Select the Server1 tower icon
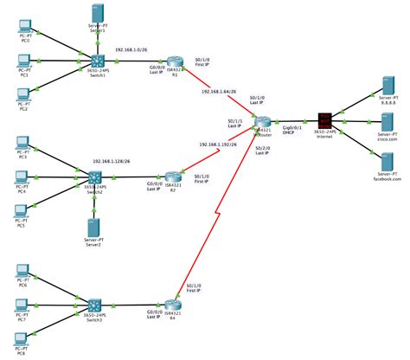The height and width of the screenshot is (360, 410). tap(95, 15)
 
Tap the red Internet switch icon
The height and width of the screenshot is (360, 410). tap(326, 119)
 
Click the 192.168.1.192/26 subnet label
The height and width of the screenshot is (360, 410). tap(220, 144)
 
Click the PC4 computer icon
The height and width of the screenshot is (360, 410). tap(23, 177)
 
